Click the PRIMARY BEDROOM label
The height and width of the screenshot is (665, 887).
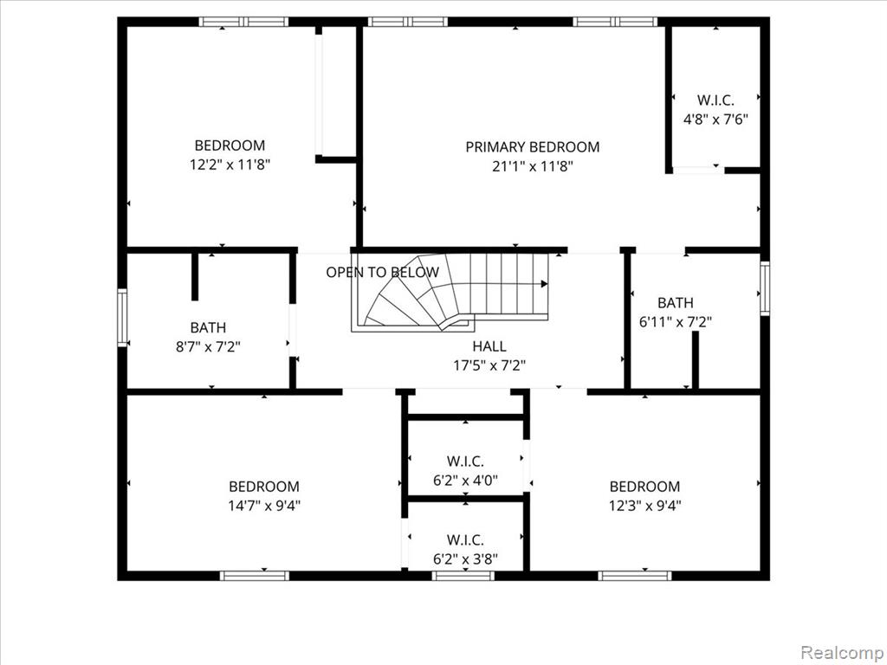coord(533,147)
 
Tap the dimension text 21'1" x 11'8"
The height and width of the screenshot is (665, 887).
coord(533,166)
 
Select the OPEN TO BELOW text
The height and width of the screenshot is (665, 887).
coord(382,272)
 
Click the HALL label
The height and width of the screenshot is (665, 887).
coord(489,346)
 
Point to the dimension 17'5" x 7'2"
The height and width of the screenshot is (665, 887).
coord(489,365)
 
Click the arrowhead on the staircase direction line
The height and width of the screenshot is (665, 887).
coord(544,284)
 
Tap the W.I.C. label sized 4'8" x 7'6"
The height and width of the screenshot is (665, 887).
coord(715,100)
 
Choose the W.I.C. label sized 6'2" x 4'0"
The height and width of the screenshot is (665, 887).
coord(465,461)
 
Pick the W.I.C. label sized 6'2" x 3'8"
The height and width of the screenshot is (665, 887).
coord(465,539)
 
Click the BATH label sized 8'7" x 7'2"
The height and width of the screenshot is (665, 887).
coord(208,327)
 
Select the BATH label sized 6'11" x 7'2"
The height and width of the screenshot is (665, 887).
coord(676,302)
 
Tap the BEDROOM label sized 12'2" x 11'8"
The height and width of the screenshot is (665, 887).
coord(230,145)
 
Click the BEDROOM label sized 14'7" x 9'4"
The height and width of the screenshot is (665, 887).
coord(264,487)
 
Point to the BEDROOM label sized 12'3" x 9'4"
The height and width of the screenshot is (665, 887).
coord(644,487)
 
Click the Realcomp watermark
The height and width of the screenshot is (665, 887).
coord(841,652)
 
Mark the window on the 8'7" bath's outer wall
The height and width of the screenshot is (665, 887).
coord(122,317)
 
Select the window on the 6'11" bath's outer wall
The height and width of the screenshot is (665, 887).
coord(765,287)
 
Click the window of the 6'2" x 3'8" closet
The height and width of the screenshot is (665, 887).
coord(463,576)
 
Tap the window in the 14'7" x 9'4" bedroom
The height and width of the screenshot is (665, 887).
coord(255,576)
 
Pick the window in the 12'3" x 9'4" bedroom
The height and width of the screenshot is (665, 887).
coord(635,576)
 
